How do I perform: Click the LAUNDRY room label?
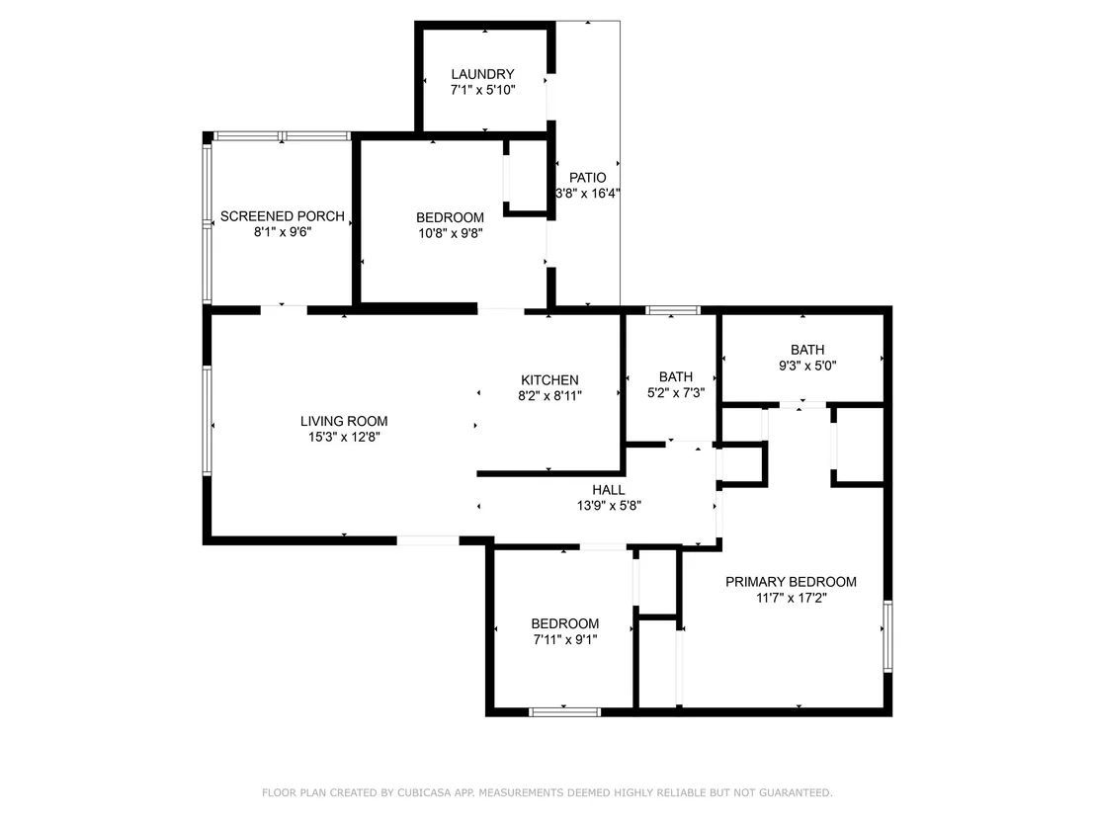[x=482, y=74]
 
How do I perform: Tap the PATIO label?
[x=587, y=177]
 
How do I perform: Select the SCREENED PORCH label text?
[x=282, y=216]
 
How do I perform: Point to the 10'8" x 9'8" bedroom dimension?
[x=451, y=233]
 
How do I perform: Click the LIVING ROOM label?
[x=344, y=421]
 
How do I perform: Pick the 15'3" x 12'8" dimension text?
[x=344, y=437]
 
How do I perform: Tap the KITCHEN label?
[x=549, y=379]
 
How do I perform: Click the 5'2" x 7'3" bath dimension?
[x=675, y=392]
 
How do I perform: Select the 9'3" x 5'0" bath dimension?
[x=807, y=366]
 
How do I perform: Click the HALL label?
[x=608, y=490]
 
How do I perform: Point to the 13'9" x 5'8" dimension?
[x=608, y=506]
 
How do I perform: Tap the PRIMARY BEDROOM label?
[x=791, y=582]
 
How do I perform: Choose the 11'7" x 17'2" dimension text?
[x=791, y=598]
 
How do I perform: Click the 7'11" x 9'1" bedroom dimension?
[x=565, y=639]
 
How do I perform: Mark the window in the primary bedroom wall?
[x=887, y=636]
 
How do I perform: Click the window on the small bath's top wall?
[x=672, y=310]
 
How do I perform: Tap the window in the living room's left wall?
[x=207, y=420]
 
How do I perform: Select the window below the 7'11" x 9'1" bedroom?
[x=564, y=712]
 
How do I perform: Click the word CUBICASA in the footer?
[x=426, y=792]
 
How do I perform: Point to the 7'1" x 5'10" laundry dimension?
[x=482, y=89]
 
